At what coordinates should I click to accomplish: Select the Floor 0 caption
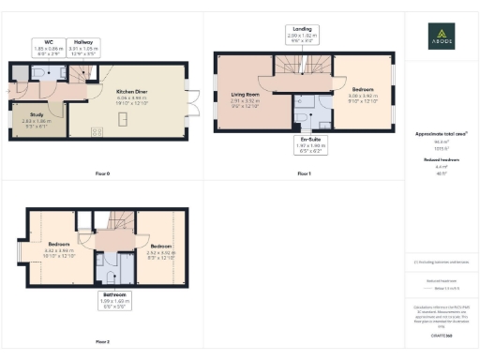point(102,174)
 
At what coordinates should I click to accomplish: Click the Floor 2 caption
point(102,341)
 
